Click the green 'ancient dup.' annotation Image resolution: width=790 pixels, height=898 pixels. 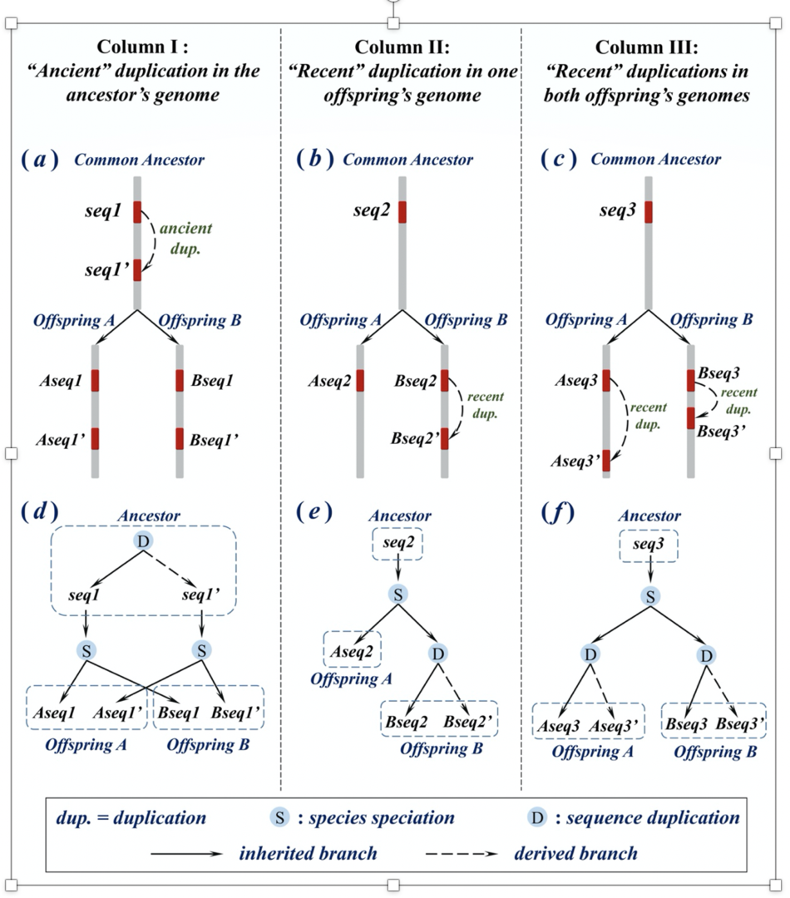(185, 237)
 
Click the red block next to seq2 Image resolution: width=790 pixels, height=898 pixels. (402, 212)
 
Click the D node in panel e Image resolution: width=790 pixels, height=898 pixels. (438, 654)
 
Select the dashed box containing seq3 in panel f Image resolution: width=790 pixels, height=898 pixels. (649, 546)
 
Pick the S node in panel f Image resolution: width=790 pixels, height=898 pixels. (651, 595)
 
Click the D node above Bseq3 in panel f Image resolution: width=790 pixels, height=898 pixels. (706, 656)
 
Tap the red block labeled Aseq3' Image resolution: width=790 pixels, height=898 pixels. (605, 460)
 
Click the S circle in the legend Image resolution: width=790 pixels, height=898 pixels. (281, 817)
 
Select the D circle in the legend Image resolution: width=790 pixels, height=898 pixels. (538, 817)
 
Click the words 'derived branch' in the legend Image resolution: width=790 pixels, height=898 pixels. (575, 853)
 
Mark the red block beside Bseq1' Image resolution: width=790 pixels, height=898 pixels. (180, 438)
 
